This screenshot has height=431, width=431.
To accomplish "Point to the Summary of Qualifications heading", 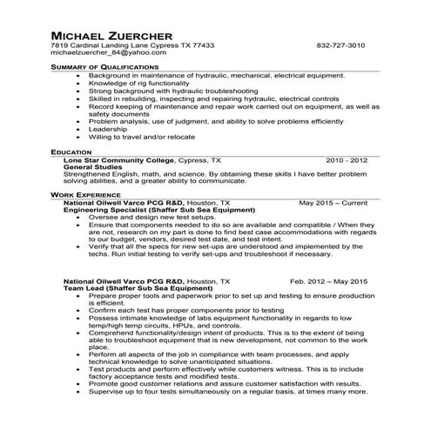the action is (104, 67).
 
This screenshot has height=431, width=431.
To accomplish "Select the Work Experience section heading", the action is (85, 194).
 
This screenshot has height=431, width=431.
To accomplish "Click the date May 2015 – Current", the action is (333, 203).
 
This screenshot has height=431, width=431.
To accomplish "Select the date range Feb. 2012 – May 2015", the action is (328, 282).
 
